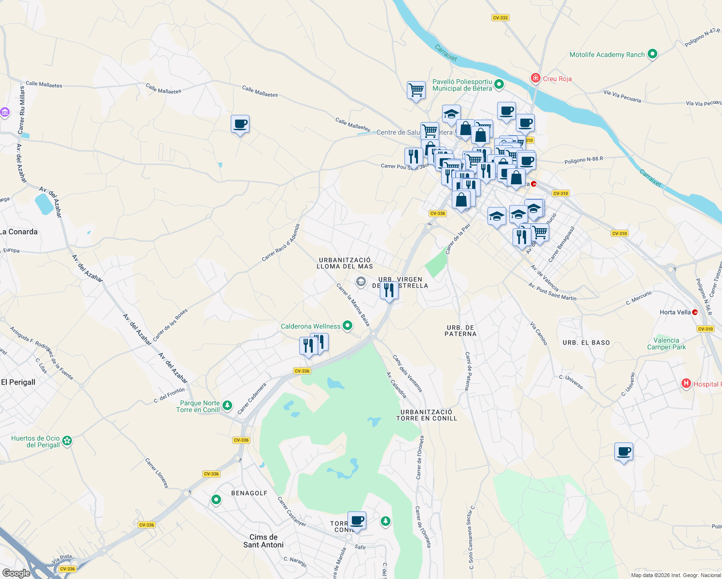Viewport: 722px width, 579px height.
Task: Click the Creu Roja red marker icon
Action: coord(535,78)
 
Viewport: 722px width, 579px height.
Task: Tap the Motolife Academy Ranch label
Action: coord(607,55)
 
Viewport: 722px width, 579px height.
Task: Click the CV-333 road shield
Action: coord(500,18)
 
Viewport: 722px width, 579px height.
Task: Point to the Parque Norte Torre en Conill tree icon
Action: coord(227,406)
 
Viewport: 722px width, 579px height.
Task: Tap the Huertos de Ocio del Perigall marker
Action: coord(67,441)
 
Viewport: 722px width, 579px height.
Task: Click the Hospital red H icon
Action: coord(686,384)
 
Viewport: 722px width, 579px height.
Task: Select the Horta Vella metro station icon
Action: coord(695,312)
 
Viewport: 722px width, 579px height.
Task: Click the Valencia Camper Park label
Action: coord(666,344)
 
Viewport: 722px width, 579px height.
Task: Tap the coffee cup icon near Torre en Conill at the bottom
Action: coord(357,521)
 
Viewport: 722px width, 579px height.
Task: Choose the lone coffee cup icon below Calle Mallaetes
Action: coord(240,124)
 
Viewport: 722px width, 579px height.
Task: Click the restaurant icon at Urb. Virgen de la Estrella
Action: coord(389,290)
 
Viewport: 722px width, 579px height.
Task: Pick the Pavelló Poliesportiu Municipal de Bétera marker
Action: coord(500,85)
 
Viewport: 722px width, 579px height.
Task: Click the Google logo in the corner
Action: coord(16,573)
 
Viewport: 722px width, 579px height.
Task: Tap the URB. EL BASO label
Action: coord(586,343)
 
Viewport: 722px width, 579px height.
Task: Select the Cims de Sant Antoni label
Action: coord(264,541)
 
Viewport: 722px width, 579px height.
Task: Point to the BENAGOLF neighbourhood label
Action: coord(249,493)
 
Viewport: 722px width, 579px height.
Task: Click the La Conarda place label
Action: coord(19,232)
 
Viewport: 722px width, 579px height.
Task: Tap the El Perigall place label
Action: coord(18,382)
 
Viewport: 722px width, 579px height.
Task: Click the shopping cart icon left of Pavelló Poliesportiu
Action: coord(416,90)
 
